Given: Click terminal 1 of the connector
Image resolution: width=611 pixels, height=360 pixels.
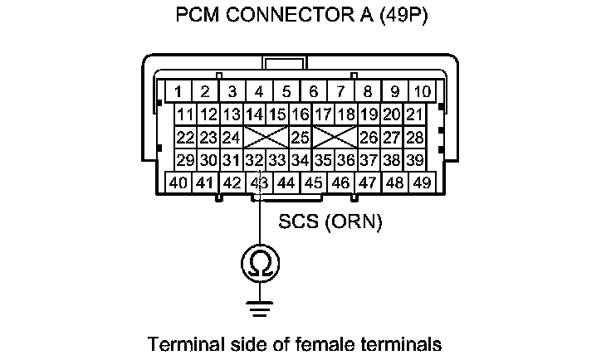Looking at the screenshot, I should pyautogui.click(x=177, y=91).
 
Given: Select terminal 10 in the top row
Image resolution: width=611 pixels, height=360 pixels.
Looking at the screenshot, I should pyautogui.click(x=422, y=91).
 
